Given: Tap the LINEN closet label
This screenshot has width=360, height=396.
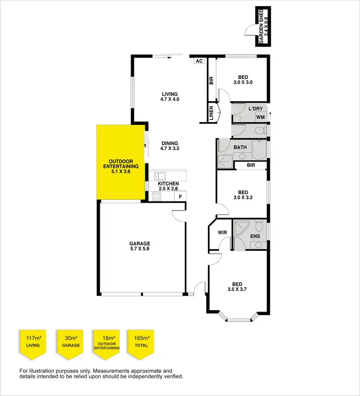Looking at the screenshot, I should [x=211, y=113].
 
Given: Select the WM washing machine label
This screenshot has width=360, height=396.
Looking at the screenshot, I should [x=260, y=117].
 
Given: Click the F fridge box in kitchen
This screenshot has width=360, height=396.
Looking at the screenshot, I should [x=180, y=197].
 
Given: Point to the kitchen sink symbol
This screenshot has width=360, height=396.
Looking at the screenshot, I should [x=160, y=175].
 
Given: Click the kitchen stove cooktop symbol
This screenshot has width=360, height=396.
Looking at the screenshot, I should [x=156, y=196].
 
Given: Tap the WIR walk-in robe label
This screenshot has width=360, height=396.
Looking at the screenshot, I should [x=222, y=233].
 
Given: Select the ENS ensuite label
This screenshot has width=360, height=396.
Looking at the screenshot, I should [x=255, y=236].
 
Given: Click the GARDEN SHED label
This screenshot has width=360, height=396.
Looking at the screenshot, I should [x=262, y=26].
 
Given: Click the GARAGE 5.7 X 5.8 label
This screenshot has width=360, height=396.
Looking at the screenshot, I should [x=139, y=246].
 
